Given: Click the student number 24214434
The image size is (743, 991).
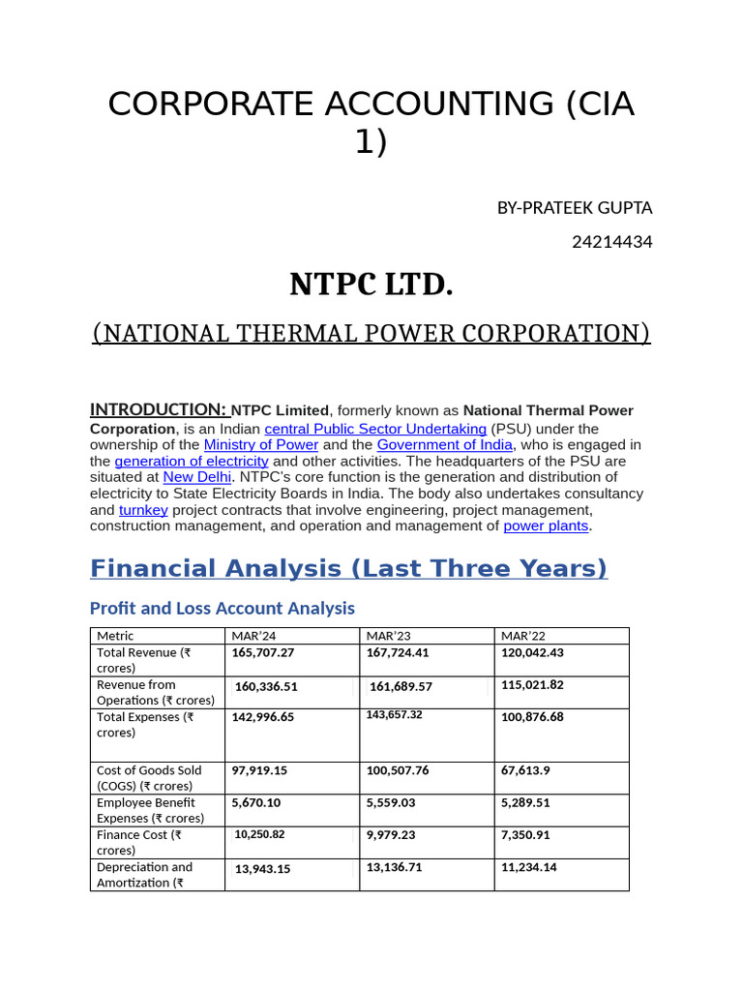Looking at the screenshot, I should [611, 242].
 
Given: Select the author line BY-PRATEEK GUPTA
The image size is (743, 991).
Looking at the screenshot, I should [574, 208].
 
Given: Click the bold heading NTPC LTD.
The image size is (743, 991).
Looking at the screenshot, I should [371, 285].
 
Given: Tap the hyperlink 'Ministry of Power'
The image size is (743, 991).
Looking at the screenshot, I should [260, 445].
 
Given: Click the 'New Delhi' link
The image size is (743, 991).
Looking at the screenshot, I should [196, 477].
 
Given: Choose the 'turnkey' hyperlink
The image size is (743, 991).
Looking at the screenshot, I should [143, 510].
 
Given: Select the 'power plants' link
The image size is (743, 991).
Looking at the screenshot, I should [546, 526].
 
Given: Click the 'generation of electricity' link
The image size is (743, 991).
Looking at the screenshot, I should [191, 462].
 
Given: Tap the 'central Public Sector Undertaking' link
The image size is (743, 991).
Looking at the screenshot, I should [375, 429].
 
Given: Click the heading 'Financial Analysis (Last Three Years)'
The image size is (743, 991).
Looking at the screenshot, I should [348, 568].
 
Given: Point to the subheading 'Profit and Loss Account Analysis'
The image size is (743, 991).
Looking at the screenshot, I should [222, 609].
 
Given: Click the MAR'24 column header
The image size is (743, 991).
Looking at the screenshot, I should [253, 636].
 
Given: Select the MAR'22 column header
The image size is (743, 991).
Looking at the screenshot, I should [523, 636].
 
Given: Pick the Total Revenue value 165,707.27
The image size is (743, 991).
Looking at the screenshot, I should [263, 653].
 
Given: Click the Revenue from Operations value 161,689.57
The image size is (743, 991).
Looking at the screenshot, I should [401, 687].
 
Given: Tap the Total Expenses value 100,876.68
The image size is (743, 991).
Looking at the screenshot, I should [532, 717].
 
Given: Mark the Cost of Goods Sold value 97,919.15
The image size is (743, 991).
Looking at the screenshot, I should [259, 771].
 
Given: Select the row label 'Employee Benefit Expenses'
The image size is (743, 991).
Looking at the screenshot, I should [150, 811].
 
